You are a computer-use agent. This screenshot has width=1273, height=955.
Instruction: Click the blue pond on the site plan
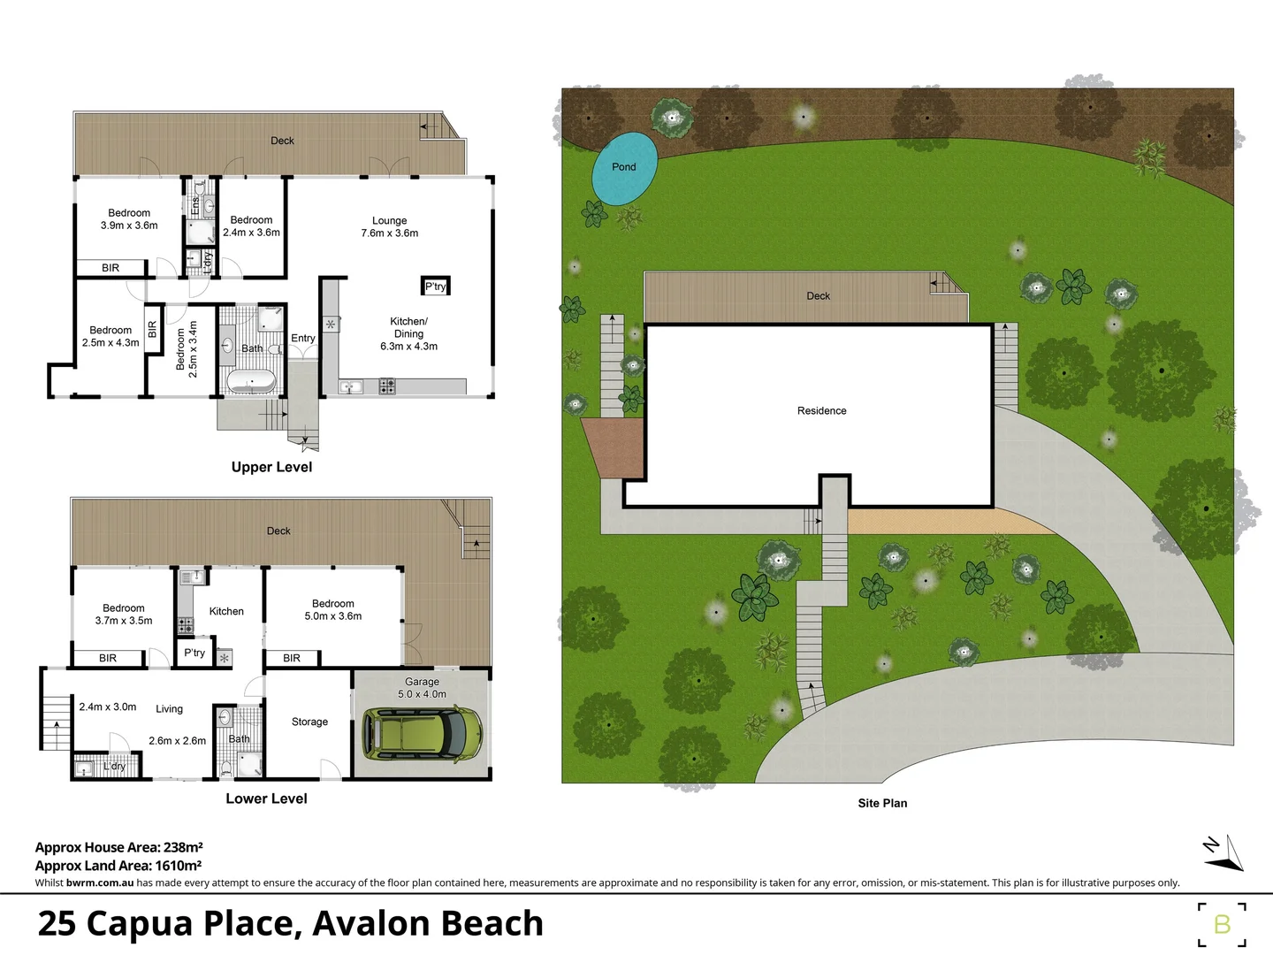click(x=624, y=168)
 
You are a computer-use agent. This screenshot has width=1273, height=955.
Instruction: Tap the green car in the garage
click(x=423, y=733)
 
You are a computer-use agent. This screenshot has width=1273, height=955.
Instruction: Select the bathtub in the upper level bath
click(x=251, y=383)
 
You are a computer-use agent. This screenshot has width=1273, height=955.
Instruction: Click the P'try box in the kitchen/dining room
click(x=436, y=286)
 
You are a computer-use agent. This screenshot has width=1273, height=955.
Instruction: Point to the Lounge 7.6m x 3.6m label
click(x=389, y=227)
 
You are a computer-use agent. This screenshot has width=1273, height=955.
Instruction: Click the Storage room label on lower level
click(x=309, y=722)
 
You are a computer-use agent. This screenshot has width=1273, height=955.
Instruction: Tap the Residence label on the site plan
click(x=821, y=410)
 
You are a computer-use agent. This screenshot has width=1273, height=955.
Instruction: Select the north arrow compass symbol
click(x=1225, y=852)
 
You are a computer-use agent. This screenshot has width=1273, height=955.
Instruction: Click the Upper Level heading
click(x=271, y=467)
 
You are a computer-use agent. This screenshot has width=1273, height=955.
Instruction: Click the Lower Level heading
click(x=266, y=798)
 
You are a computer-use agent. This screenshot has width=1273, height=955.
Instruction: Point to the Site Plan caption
click(x=882, y=803)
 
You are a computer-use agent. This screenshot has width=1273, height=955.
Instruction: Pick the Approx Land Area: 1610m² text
click(x=118, y=866)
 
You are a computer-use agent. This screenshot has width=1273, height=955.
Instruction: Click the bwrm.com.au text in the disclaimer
click(x=100, y=882)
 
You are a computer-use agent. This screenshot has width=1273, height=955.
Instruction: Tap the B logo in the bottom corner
click(x=1222, y=925)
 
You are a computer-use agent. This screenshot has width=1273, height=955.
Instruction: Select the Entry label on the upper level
click(x=302, y=338)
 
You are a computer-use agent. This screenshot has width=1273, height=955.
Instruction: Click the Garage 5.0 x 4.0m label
click(x=422, y=688)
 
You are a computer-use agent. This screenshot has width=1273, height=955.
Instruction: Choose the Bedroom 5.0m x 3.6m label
click(x=332, y=610)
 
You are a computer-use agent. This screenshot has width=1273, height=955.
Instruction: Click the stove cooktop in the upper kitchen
click(x=387, y=386)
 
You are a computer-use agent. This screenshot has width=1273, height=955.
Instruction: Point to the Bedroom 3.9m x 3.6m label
click(x=129, y=219)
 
